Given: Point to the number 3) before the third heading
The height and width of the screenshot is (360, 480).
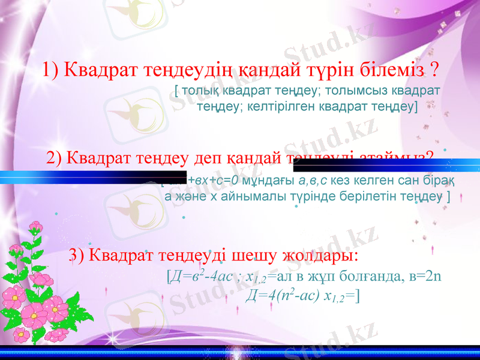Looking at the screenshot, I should [78, 255].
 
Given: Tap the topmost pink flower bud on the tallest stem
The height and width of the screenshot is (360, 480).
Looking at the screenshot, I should [37, 226].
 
